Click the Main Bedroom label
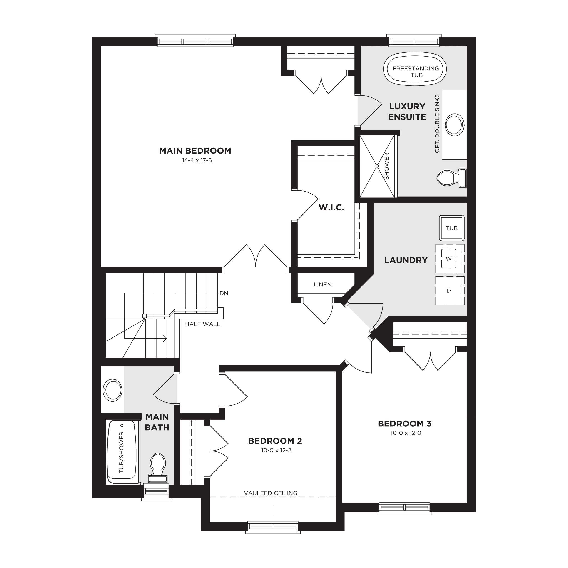tap(195, 151)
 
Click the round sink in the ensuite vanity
tap(454, 125)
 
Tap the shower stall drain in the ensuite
tap(377, 166)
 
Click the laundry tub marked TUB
tap(452, 228)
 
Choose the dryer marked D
tap(450, 290)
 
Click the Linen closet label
tap(323, 285)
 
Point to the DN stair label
tap(224, 293)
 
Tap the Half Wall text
tap(203, 324)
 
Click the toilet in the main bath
tap(158, 468)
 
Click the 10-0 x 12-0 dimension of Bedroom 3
tap(406, 433)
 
